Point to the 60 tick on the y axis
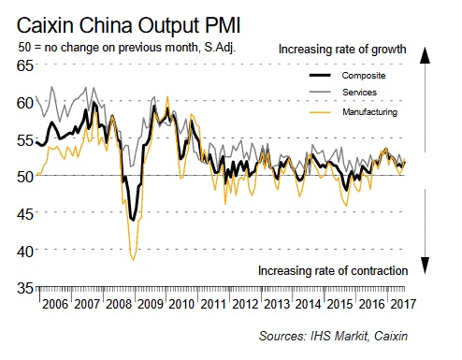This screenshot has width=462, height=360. pyautogui.click(x=22, y=101)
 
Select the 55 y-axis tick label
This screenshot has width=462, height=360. pyautogui.click(x=22, y=138)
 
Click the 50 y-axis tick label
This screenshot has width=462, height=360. pyautogui.click(x=22, y=176)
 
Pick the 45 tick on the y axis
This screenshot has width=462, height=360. pyautogui.click(x=22, y=213)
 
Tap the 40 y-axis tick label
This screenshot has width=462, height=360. pyautogui.click(x=22, y=251)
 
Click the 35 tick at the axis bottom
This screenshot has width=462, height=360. pyautogui.click(x=22, y=288)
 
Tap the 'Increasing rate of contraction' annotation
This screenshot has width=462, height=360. pyautogui.click(x=332, y=270)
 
